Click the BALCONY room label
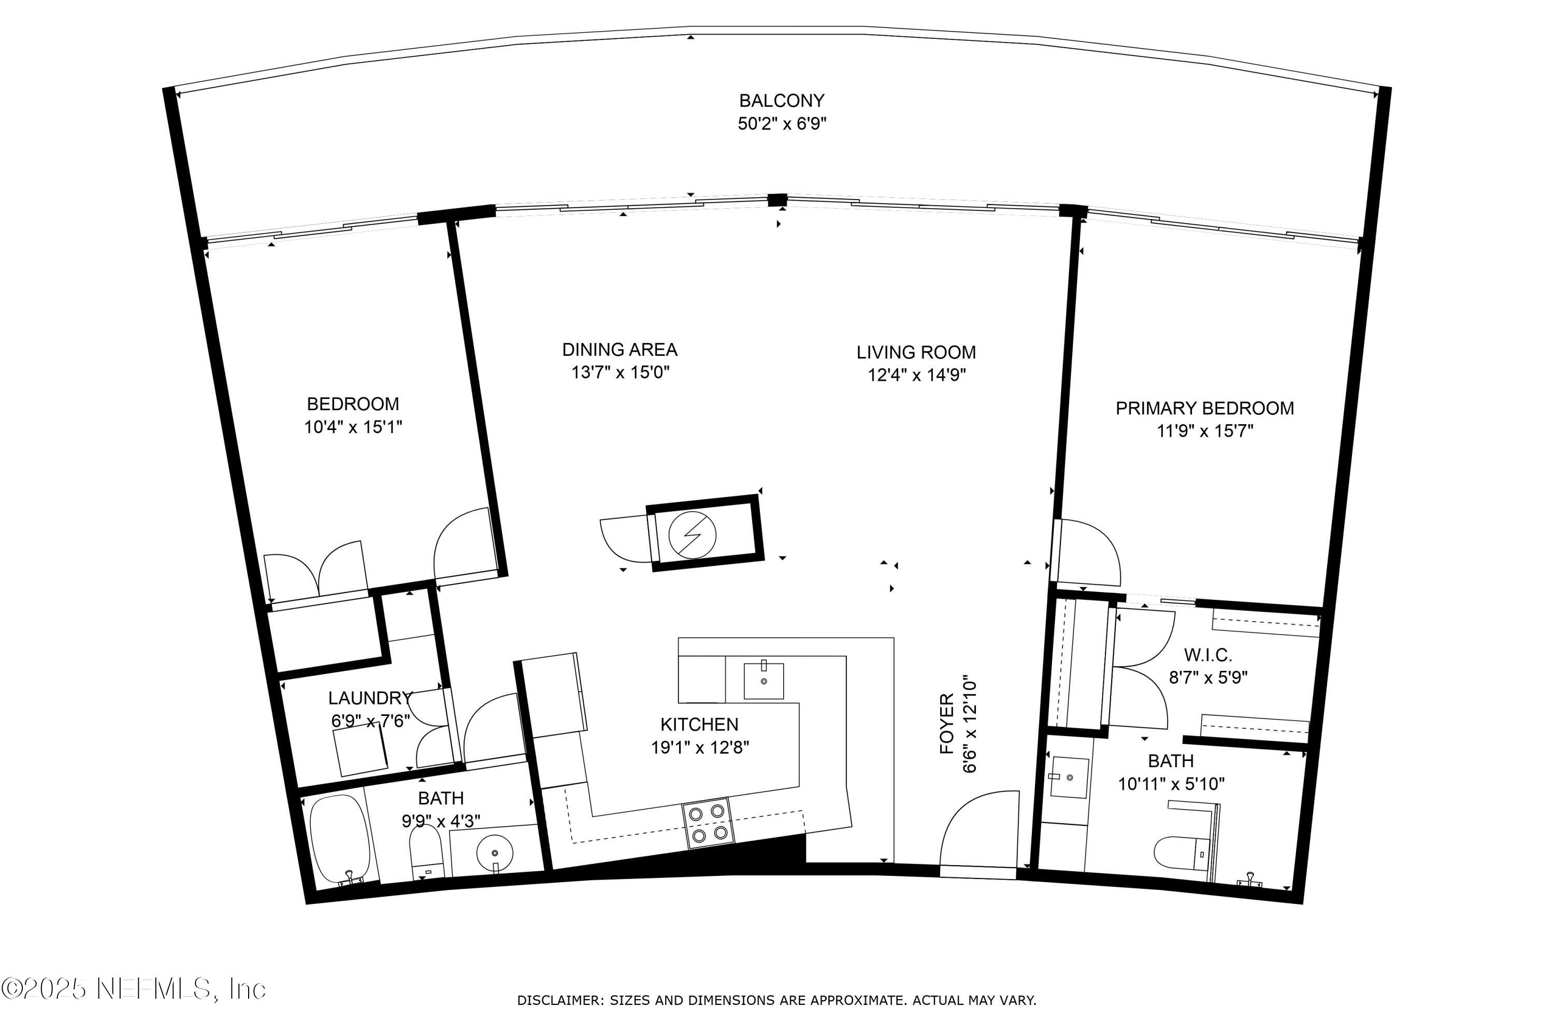781,100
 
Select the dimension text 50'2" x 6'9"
782,124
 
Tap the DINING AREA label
619,350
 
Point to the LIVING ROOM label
916,352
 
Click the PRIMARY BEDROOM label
1204,408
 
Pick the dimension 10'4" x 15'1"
353,427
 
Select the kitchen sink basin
763,681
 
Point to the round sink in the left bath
494,852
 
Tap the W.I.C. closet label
1208,655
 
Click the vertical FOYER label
947,724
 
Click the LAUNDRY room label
370,698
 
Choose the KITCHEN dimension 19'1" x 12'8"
700,747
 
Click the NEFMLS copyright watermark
134,989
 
